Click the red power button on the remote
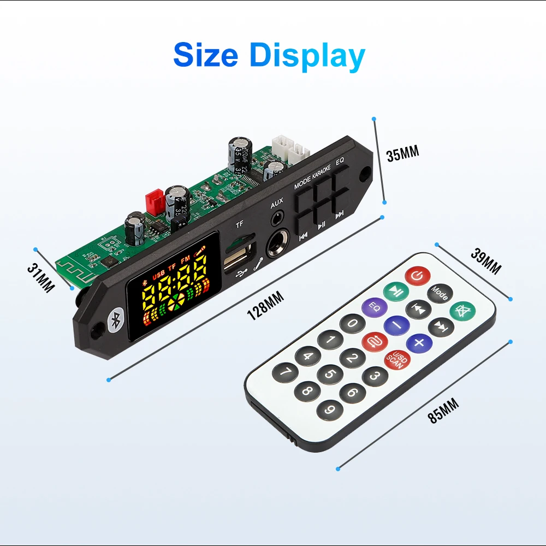tap(416, 277)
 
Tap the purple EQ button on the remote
tap(375, 307)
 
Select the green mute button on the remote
tap(462, 311)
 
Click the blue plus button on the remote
tap(419, 343)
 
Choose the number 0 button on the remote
tap(352, 324)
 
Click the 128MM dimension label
tap(265, 306)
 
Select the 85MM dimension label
tap(443, 411)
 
